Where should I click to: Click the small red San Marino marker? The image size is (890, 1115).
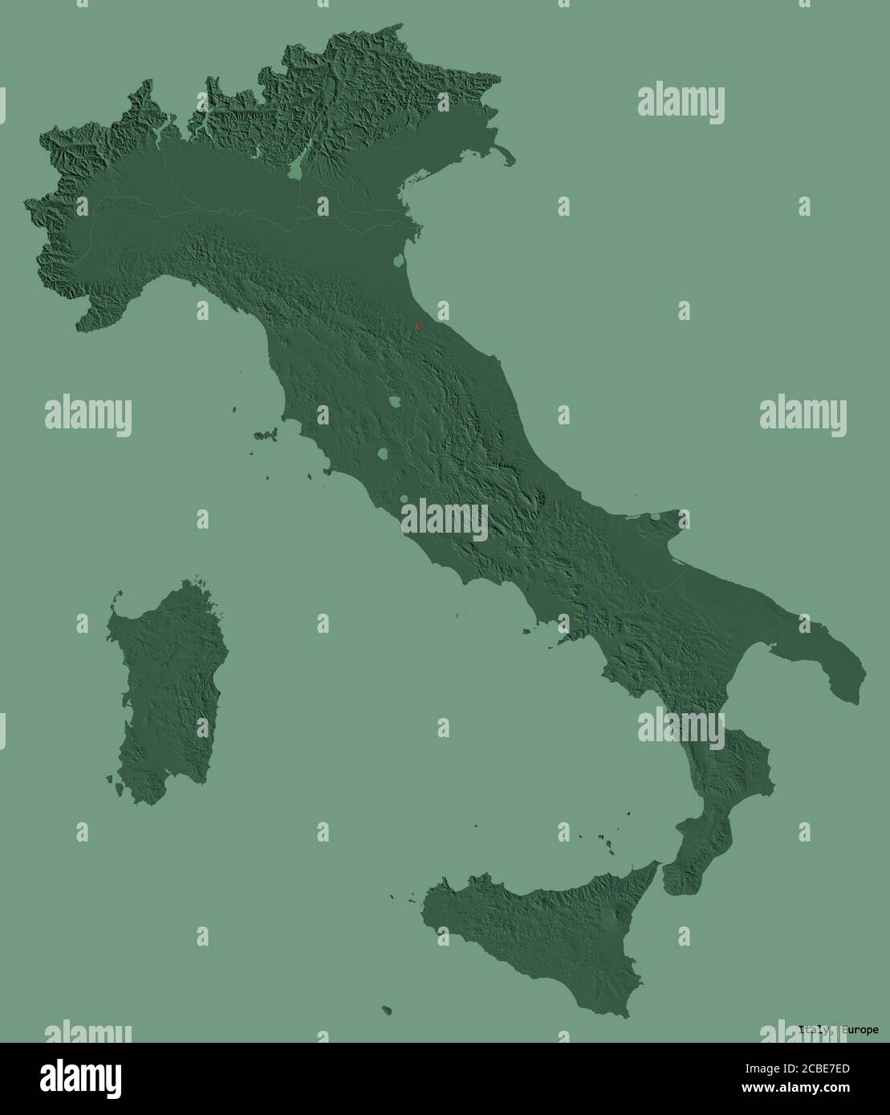pos(417,326)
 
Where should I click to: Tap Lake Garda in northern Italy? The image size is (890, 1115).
pos(298,166)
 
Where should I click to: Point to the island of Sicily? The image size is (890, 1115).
pos(546,935)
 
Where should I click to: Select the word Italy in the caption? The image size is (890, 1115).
pos(814,1030)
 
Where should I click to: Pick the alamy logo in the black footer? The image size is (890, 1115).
pos(83,1076)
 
